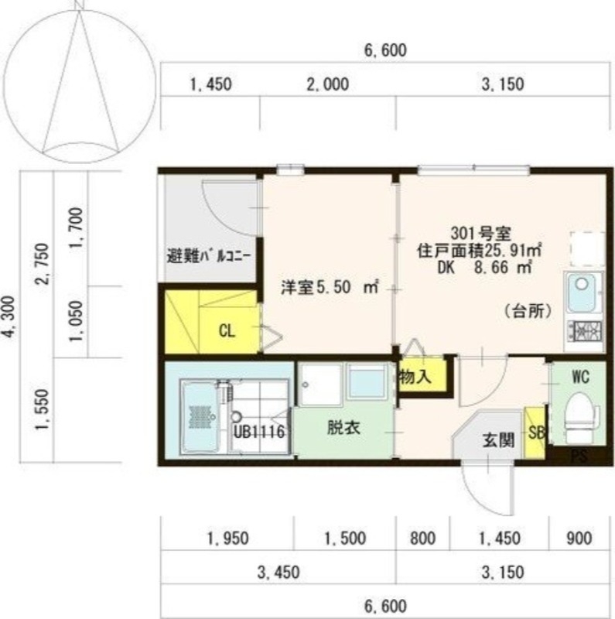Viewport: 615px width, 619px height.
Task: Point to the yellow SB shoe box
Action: (535, 429)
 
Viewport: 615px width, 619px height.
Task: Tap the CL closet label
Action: (227, 331)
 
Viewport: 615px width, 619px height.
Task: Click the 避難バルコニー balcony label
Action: (208, 255)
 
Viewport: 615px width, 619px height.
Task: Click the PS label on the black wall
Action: (579, 457)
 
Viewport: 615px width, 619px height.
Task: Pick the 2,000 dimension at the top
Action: (326, 85)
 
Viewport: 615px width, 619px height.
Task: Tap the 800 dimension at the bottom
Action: (422, 538)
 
